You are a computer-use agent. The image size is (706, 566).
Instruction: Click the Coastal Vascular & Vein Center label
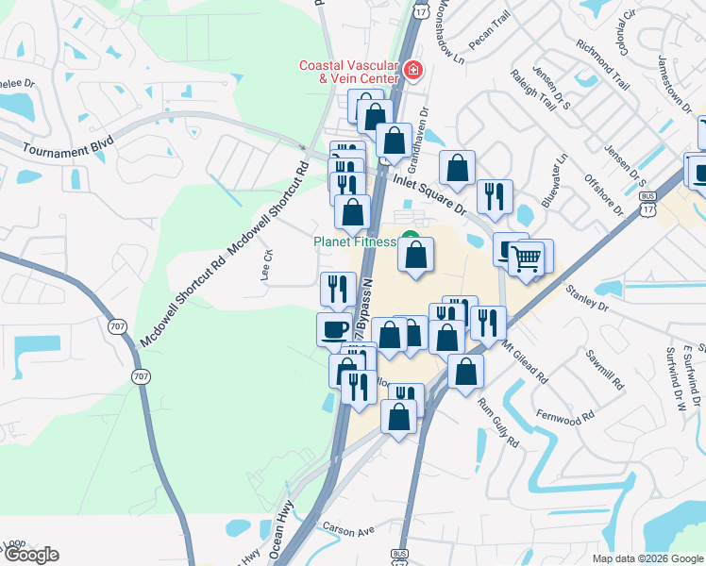pos(347,72)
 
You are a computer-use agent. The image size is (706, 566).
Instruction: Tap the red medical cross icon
pos(412,69)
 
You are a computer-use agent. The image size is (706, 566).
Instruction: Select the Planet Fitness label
pos(354,242)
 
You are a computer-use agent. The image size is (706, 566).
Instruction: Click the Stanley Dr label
pos(587,301)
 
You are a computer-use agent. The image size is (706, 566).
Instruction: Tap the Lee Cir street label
pos(267,266)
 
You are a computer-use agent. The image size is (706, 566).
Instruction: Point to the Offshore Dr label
pos(604,195)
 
